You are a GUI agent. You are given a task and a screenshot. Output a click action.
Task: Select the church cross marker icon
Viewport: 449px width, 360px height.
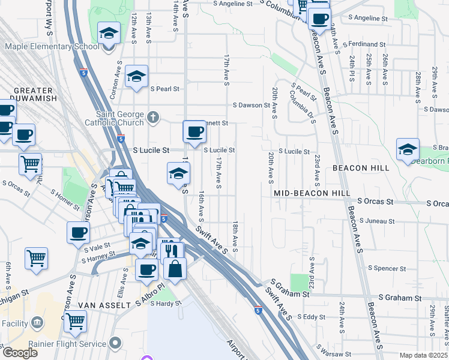[154, 116]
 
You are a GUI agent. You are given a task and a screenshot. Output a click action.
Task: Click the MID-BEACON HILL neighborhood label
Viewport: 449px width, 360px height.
[312, 193]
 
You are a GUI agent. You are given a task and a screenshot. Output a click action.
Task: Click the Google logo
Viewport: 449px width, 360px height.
[20, 353]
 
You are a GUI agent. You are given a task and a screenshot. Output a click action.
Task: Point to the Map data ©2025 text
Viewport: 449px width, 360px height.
[424, 355]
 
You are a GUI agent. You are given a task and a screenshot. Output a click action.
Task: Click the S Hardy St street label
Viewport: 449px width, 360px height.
[165, 304]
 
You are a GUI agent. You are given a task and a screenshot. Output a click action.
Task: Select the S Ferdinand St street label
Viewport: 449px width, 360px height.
[363, 44]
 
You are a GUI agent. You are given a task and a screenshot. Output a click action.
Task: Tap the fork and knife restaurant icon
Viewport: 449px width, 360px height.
[172, 251]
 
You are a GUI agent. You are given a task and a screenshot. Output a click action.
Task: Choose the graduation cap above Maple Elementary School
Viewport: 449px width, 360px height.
[108, 34]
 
